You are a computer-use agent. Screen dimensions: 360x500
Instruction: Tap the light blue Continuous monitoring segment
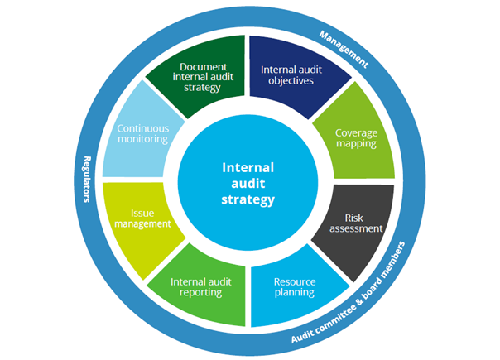pyautogui.click(x=143, y=137)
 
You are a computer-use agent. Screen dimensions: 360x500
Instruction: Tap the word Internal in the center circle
pyautogui.click(x=249, y=166)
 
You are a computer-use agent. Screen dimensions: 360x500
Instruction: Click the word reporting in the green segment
pyautogui.click(x=202, y=292)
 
